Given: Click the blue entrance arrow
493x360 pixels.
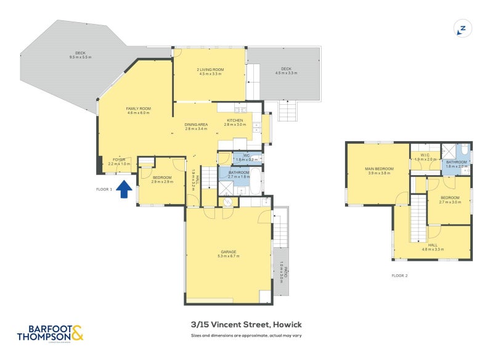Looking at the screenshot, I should [x=124, y=189].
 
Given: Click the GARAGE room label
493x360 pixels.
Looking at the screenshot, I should [x=229, y=252].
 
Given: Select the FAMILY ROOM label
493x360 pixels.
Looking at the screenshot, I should [x=139, y=108].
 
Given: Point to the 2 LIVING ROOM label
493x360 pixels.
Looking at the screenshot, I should [x=210, y=70].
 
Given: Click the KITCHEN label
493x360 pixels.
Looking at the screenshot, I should [x=235, y=120].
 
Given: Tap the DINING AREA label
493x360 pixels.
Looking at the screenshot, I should [x=196, y=125].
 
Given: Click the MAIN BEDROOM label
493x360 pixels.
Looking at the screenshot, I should [x=380, y=169].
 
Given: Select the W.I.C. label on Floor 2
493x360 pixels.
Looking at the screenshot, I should [x=425, y=155].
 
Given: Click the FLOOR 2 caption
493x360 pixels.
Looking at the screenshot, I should [x=399, y=276].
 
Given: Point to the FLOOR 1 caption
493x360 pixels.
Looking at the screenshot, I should [x=104, y=189].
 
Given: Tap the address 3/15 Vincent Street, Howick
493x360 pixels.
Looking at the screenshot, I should [x=246, y=324].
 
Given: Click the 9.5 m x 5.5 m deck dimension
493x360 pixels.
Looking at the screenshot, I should [x=81, y=57].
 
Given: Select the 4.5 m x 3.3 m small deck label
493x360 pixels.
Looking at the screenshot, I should [x=285, y=73].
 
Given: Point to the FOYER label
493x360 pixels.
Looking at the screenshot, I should [x=119, y=159].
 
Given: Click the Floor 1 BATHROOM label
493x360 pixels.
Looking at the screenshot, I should [x=238, y=172].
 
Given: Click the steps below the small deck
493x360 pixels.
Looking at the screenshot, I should [x=288, y=112].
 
